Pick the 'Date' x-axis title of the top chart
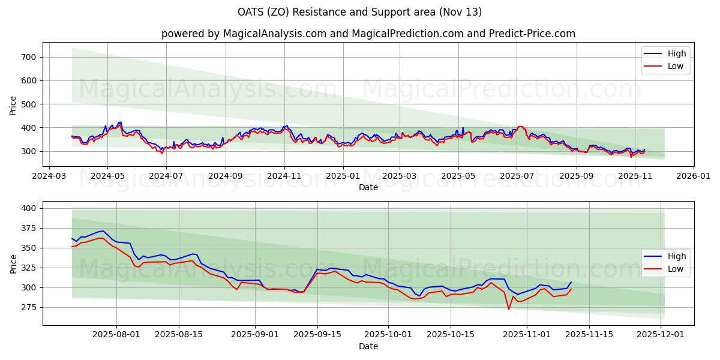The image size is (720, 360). pos(368,187)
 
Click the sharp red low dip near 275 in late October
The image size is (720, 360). pos(509,309)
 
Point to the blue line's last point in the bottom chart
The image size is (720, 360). pos(571,282)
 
